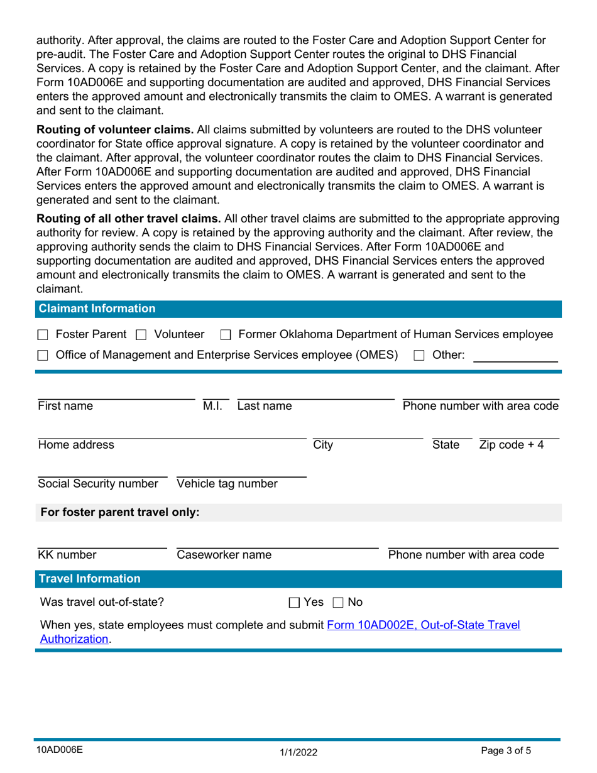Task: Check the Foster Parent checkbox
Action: [x=43, y=335]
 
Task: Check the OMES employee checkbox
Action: [x=43, y=356]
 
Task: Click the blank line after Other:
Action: [x=515, y=356]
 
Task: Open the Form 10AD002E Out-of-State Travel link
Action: [x=422, y=625]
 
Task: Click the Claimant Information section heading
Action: [x=97, y=309]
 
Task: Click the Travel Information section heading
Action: [x=90, y=579]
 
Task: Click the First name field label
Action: [x=65, y=406]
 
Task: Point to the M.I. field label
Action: [x=212, y=406]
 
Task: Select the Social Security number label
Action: [x=98, y=483]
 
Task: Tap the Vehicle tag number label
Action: [x=227, y=483]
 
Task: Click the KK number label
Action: [x=67, y=555]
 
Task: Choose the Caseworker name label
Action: [x=224, y=555]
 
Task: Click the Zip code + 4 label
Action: [x=512, y=446]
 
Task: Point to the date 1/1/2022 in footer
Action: [x=298, y=750]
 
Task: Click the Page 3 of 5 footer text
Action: [x=510, y=750]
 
